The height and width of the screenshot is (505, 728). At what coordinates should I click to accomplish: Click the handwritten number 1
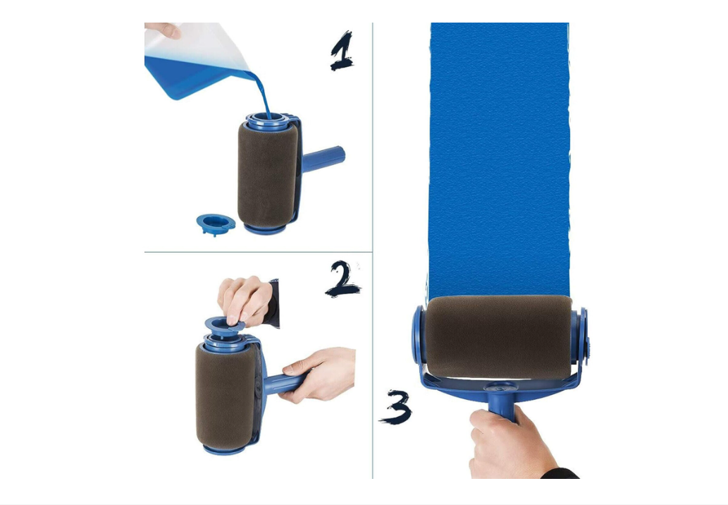point(342,51)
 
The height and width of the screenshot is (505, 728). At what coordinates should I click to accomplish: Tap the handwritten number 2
point(343,279)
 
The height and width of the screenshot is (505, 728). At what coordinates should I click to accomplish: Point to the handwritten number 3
point(397,407)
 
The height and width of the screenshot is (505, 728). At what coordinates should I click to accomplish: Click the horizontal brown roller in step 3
point(498,336)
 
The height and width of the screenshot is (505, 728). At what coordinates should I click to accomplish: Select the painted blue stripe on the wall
point(499,155)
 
